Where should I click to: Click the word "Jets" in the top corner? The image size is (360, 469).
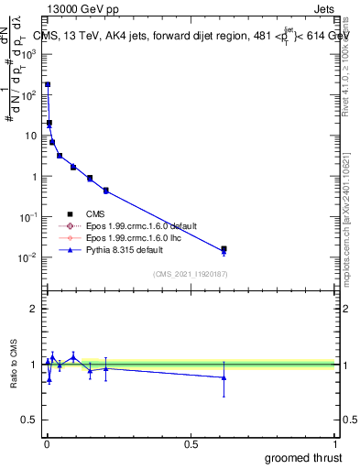pos(325,10)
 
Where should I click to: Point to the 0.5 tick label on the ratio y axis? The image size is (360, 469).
pos(29,421)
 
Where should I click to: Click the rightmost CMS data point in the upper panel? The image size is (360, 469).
pos(224,248)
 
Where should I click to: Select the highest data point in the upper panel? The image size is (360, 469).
pos(48,84)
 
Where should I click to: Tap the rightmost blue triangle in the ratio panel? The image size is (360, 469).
pos(224,377)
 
